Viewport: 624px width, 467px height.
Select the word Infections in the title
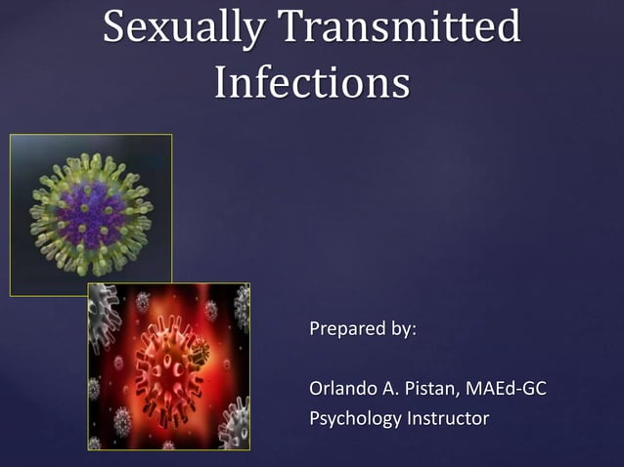click(x=311, y=83)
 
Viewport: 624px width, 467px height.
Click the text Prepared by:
click(x=362, y=329)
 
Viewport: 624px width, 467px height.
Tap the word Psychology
click(x=355, y=419)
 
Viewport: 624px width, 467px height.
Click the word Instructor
click(x=448, y=419)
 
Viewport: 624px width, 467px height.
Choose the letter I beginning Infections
click(x=220, y=82)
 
